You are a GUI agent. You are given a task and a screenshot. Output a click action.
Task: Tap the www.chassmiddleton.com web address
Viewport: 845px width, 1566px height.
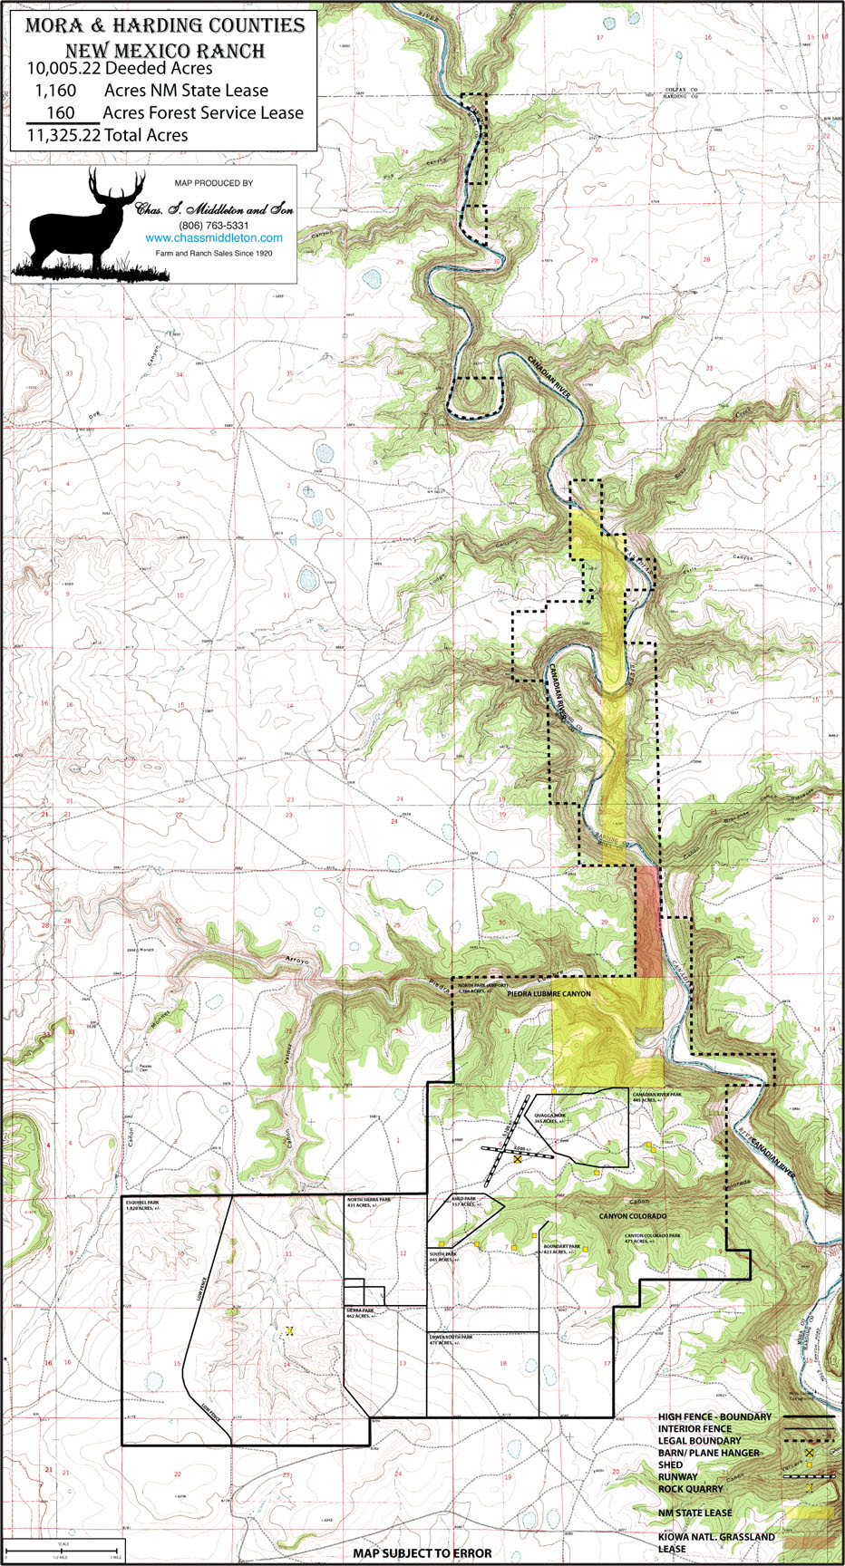click(x=214, y=238)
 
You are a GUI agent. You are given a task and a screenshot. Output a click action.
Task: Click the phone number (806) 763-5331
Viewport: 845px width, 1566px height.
click(x=214, y=225)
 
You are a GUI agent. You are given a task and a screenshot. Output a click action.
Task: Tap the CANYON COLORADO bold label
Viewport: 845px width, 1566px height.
click(x=632, y=1216)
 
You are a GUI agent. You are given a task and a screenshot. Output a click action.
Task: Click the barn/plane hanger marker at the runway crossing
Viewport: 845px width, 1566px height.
click(x=518, y=1159)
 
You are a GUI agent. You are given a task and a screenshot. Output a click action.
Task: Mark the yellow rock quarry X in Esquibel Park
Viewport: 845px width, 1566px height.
click(x=290, y=1330)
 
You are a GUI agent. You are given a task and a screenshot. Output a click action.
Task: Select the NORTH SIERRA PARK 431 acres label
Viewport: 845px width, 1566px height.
click(x=369, y=1202)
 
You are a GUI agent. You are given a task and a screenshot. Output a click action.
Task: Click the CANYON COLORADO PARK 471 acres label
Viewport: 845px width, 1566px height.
click(x=652, y=1238)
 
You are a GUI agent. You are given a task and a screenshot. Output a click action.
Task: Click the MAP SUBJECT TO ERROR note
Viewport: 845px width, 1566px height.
click(x=422, y=1552)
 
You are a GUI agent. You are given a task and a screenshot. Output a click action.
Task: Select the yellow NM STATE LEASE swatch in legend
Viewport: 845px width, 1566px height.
click(x=809, y=1513)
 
